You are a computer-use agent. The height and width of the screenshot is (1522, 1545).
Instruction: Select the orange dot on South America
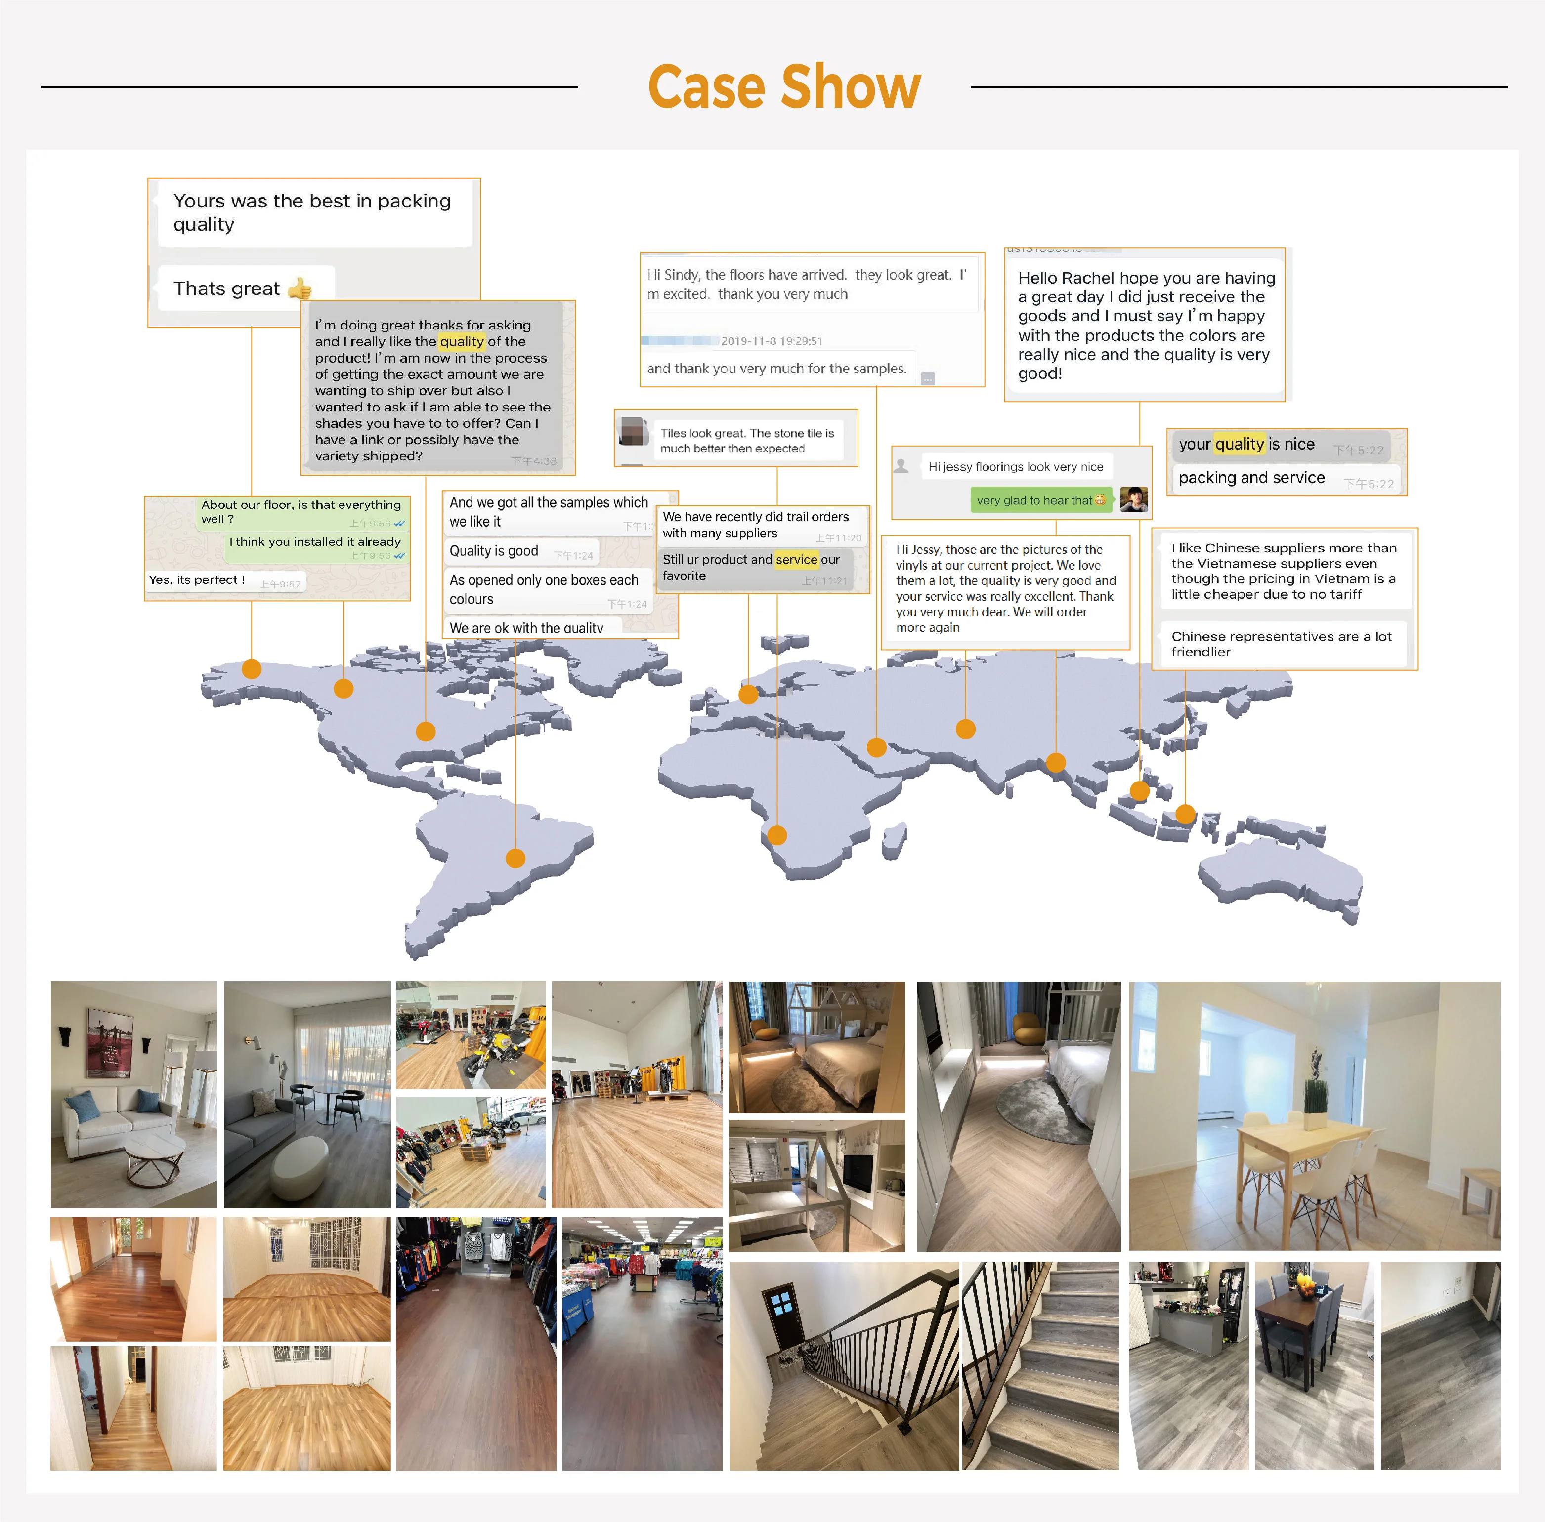click(516, 859)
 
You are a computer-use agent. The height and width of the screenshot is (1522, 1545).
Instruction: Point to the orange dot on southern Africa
click(776, 835)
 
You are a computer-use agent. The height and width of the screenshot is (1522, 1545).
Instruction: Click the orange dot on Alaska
click(251, 669)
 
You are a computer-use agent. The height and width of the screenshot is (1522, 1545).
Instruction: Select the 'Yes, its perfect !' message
click(198, 580)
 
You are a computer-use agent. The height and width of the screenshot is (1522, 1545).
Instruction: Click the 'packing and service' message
click(1251, 478)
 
